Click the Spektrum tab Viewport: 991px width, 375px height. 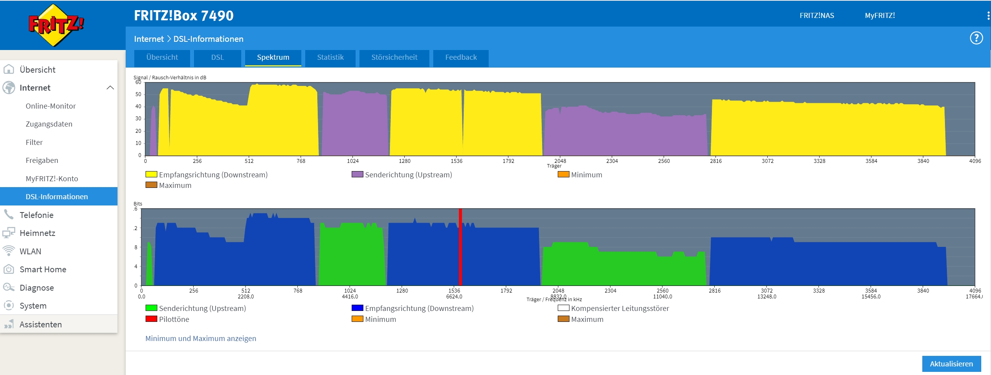(x=273, y=57)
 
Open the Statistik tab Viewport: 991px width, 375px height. (x=330, y=57)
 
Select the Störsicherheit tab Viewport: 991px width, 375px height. (x=394, y=57)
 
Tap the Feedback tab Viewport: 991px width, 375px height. (x=461, y=57)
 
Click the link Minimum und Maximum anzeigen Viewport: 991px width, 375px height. (x=201, y=338)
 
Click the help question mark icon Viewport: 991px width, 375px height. (x=976, y=38)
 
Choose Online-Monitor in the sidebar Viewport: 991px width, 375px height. (x=51, y=106)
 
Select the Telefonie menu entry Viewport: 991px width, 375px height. (x=36, y=215)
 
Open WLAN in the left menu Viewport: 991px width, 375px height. (x=30, y=251)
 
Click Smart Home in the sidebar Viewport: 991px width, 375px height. (x=43, y=270)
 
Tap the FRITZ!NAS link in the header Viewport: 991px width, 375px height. (x=817, y=16)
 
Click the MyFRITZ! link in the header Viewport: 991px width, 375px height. (x=880, y=16)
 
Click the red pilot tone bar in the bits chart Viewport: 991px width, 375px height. (x=461, y=250)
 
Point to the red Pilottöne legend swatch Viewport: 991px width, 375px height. (x=151, y=319)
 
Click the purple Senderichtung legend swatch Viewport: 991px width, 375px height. (x=357, y=174)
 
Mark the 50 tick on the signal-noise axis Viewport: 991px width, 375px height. (x=138, y=94)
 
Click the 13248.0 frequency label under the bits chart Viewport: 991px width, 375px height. (x=767, y=296)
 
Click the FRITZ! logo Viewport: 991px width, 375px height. (x=56, y=25)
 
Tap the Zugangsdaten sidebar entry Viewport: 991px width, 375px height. (x=49, y=124)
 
